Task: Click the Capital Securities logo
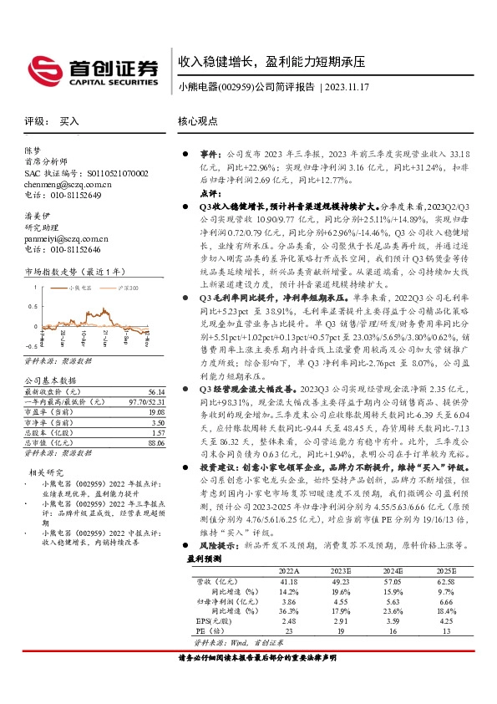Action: point(93,69)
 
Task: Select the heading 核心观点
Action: point(199,120)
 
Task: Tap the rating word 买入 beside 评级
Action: point(69,121)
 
